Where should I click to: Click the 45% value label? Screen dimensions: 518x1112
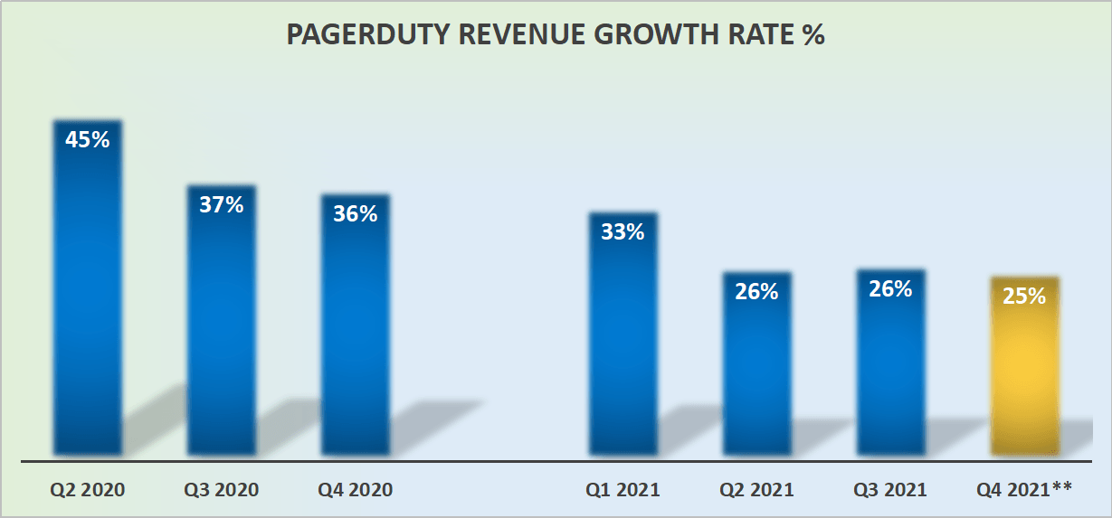point(88,141)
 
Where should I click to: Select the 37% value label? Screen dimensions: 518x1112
point(222,205)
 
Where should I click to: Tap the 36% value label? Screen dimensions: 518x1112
point(355,214)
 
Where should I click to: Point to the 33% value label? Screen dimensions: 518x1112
point(623,232)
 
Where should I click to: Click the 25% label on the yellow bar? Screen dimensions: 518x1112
point(1024,296)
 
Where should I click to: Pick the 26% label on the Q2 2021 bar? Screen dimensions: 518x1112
point(756,291)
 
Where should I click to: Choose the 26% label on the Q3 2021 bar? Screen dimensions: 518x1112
point(890,289)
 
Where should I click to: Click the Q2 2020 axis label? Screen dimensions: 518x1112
point(88,490)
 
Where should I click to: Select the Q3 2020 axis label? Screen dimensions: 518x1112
point(222,490)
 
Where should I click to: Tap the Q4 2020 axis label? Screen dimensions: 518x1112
point(356,490)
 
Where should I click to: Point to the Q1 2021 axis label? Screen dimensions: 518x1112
point(623,490)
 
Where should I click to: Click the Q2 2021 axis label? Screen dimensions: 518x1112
point(756,490)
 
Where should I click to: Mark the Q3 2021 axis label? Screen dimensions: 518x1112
point(890,490)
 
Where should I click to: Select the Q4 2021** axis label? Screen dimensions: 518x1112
point(1024,490)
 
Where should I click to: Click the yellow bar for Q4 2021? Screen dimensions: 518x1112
point(1024,380)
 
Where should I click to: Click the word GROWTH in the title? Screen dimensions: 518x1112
point(663,36)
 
